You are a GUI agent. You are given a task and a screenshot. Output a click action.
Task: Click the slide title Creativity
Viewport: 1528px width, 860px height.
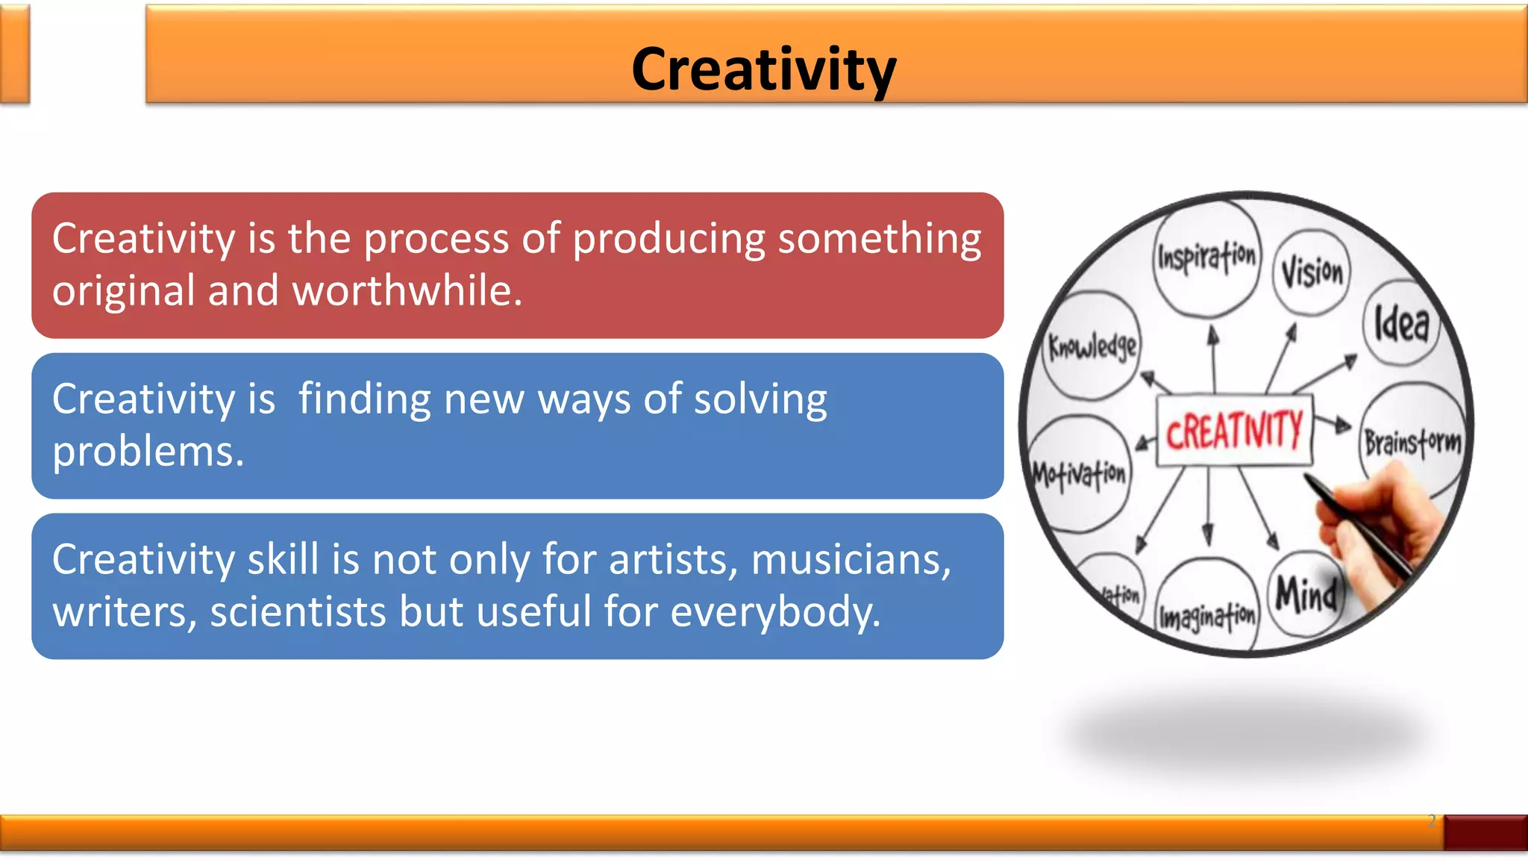[x=763, y=69]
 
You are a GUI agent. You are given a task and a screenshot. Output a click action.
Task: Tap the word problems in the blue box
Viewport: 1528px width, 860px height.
[x=148, y=452]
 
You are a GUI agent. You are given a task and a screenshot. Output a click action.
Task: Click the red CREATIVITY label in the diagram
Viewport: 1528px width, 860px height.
[x=1234, y=431]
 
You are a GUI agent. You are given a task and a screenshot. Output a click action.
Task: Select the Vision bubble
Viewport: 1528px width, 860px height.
[x=1312, y=272]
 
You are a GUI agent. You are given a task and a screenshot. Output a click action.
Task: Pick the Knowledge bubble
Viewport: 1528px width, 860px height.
[x=1092, y=346]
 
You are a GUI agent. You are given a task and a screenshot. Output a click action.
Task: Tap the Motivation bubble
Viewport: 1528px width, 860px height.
[x=1079, y=473]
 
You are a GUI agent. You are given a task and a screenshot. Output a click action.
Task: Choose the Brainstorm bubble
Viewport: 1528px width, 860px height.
[x=1412, y=440]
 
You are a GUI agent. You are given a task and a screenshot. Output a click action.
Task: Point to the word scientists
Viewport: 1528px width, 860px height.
[x=298, y=612]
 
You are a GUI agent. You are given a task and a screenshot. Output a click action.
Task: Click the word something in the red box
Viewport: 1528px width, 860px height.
[x=880, y=239]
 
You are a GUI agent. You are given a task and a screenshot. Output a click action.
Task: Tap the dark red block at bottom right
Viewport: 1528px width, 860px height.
[x=1485, y=832]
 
